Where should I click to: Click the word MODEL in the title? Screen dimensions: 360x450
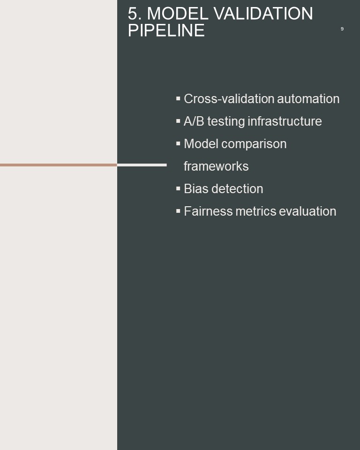click(178, 14)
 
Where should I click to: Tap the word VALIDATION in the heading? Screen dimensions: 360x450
click(263, 14)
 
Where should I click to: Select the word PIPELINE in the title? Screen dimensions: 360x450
click(166, 30)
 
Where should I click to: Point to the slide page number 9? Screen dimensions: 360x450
click(342, 29)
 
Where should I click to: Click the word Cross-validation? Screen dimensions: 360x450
click(229, 99)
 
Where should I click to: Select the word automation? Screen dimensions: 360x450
click(308, 99)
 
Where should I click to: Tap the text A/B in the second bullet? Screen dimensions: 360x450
click(194, 121)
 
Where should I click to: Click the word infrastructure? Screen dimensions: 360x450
click(285, 121)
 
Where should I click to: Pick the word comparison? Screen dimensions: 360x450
click(254, 144)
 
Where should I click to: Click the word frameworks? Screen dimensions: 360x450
click(216, 166)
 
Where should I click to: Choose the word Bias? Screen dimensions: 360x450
click(196, 189)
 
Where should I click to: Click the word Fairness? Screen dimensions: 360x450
click(208, 211)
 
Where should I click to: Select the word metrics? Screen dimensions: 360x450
click(255, 211)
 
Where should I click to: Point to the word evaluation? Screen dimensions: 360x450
click(307, 211)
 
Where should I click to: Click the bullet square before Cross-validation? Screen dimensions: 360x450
click(178, 99)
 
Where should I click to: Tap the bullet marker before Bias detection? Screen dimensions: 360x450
click(178, 188)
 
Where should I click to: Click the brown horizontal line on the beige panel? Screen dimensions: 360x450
click(59, 165)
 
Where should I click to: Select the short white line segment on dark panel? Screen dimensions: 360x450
click(142, 165)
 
